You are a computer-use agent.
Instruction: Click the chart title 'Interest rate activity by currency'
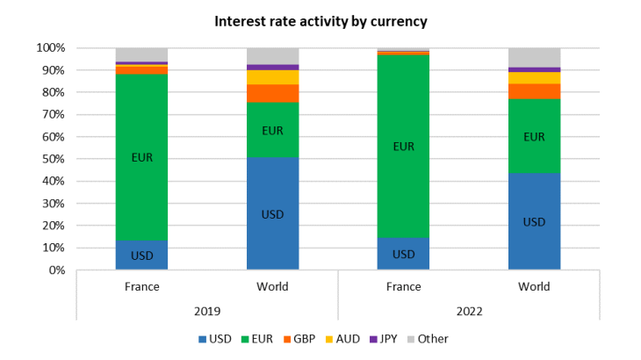click(320, 20)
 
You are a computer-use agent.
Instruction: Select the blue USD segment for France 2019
click(141, 255)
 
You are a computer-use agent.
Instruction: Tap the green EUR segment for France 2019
click(141, 157)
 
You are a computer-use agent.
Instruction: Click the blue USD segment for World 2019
click(272, 213)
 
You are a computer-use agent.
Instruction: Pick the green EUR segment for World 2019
click(272, 130)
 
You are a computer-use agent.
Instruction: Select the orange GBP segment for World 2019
click(272, 93)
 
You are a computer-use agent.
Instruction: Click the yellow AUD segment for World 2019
click(272, 77)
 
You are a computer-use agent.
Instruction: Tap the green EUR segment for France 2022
click(403, 146)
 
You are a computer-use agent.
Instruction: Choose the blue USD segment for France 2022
click(403, 254)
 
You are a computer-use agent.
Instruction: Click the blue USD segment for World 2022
click(534, 221)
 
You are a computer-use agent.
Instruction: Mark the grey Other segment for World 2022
click(534, 57)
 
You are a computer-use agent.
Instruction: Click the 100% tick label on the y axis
click(51, 47)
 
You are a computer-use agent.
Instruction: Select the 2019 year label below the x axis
click(206, 311)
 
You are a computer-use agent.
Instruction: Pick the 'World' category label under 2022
click(534, 287)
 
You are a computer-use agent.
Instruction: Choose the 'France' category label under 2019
click(141, 287)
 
